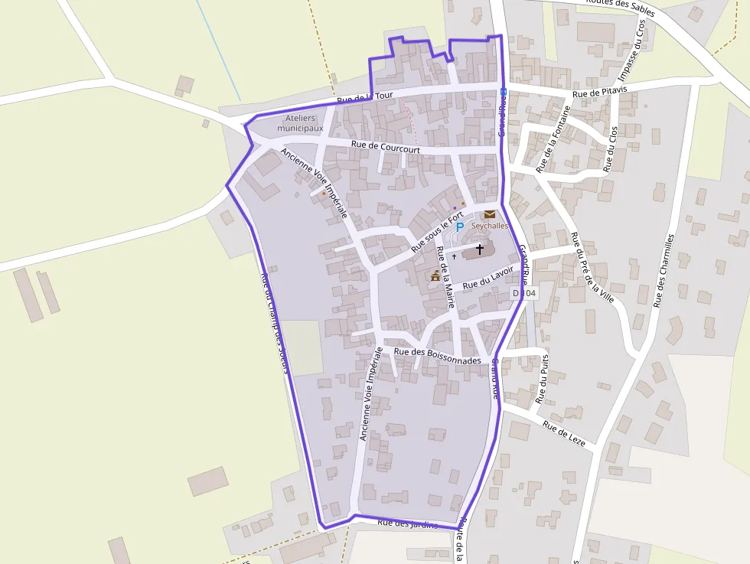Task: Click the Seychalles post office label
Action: (x=490, y=226)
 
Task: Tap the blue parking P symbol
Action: (x=459, y=227)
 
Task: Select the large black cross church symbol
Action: (x=480, y=249)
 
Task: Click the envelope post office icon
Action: (x=489, y=214)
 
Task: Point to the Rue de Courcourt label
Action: (x=386, y=149)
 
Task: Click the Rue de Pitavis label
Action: (x=600, y=93)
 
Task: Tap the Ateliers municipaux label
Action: (x=300, y=123)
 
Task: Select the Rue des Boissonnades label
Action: (x=437, y=356)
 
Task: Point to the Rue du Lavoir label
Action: (x=487, y=277)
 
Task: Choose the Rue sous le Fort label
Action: (x=438, y=232)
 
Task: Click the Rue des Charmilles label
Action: (x=664, y=270)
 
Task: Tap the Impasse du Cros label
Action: (x=631, y=51)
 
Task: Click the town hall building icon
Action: (x=435, y=275)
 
